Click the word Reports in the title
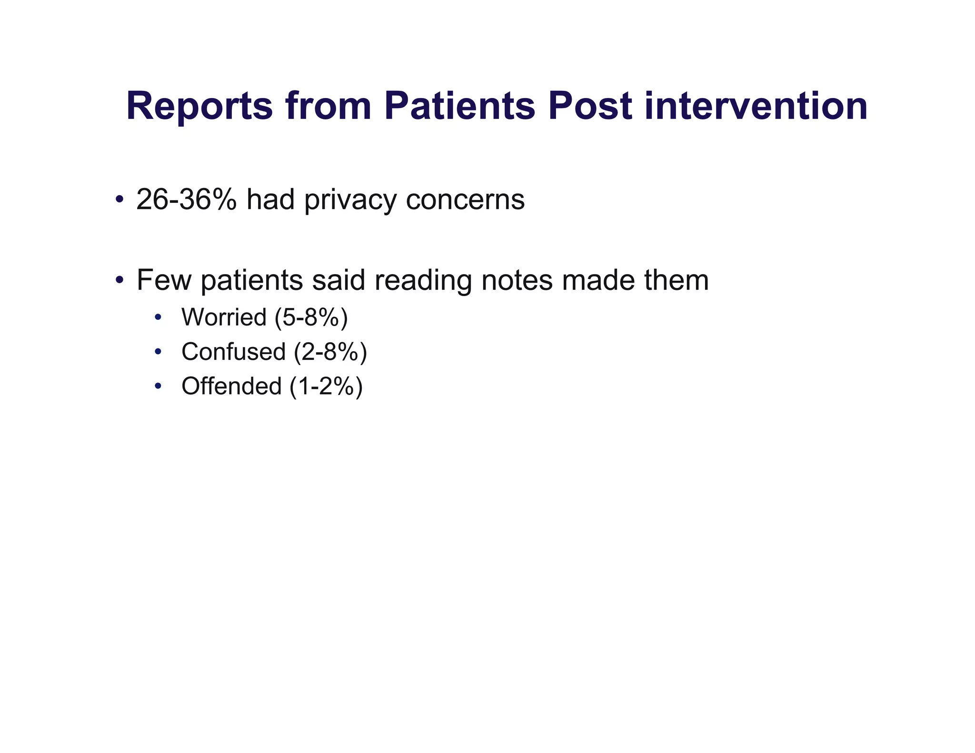(x=199, y=107)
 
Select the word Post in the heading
(x=590, y=107)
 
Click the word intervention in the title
(x=756, y=107)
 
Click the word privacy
(x=350, y=200)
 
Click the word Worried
(x=224, y=317)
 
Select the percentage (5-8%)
(x=311, y=317)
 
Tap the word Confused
(x=233, y=352)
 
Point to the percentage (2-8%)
(x=330, y=352)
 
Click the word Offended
(x=231, y=386)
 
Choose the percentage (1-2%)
(x=326, y=386)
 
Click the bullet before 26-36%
(x=119, y=198)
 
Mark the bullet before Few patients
(x=119, y=279)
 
